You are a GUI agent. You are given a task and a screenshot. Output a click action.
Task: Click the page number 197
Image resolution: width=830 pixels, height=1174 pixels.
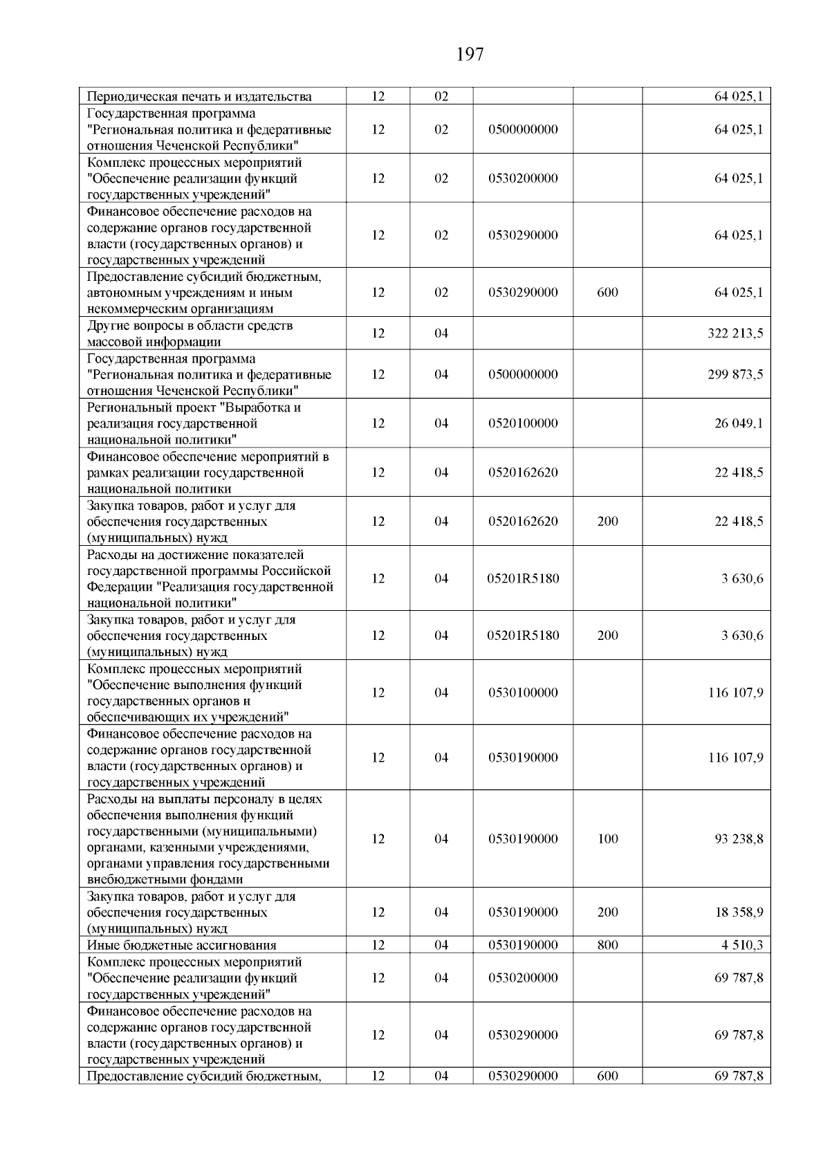point(470,54)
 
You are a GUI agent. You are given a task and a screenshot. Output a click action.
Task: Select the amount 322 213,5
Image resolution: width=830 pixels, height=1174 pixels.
point(735,333)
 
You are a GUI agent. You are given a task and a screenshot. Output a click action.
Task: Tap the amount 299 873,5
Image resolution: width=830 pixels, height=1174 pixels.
point(735,374)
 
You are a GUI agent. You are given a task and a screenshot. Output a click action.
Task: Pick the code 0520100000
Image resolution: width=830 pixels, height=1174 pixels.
point(523,423)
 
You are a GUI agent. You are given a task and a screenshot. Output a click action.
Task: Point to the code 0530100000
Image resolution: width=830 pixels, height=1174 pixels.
point(523,693)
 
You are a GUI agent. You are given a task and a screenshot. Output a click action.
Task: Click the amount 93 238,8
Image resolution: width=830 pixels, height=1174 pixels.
point(739,839)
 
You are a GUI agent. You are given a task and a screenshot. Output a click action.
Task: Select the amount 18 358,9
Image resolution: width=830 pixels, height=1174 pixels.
point(739,912)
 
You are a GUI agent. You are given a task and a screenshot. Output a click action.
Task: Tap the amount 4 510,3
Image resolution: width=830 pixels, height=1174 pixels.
point(741,945)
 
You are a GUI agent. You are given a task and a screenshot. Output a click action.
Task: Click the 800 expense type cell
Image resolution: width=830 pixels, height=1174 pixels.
point(607,945)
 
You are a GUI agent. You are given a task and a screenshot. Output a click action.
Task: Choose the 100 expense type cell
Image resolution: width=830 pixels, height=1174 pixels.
point(607,839)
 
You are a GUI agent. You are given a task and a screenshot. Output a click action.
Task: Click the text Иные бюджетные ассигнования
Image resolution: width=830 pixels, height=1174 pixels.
point(182,946)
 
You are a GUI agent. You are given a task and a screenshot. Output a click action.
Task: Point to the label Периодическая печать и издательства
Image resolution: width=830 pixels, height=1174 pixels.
point(199,97)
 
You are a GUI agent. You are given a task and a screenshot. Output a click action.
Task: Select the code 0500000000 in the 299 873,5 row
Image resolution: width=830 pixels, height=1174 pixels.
point(523,374)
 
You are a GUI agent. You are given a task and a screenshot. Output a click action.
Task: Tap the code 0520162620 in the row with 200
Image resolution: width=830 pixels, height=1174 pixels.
point(523,522)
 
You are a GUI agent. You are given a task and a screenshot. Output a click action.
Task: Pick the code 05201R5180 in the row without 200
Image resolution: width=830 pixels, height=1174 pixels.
point(523,578)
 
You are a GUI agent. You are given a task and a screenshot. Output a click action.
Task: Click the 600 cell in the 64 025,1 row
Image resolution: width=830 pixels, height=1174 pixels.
point(607,293)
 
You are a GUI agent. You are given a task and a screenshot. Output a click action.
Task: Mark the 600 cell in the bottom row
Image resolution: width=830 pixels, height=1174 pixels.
point(607,1076)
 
